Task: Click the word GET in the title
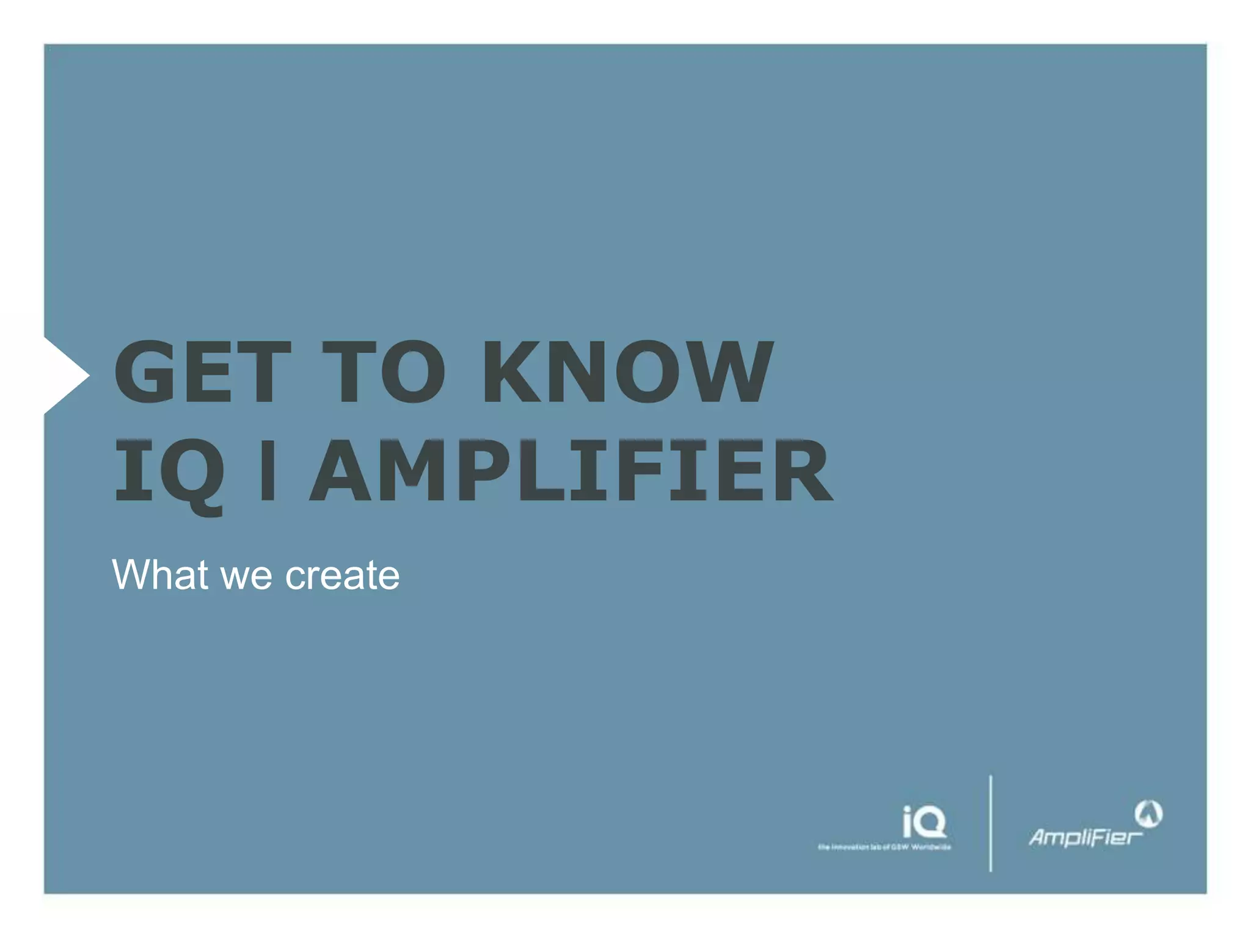202,372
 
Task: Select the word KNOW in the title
628,372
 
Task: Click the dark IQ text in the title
169,472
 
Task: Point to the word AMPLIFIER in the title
571,471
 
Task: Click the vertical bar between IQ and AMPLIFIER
267,471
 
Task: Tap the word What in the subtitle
159,575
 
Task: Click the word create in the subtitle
342,576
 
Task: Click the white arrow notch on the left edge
65,375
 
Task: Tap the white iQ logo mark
924,821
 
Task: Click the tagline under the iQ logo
884,847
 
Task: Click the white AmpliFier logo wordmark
1085,837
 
